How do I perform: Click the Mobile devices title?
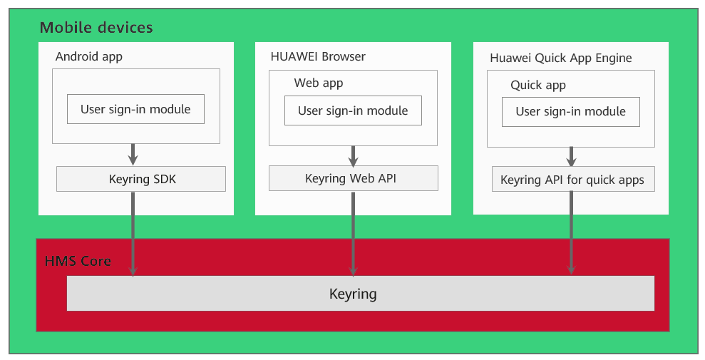point(96,28)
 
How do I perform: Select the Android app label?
point(89,56)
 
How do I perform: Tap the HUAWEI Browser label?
point(318,56)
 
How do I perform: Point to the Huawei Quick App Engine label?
point(561,58)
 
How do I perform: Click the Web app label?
point(319,83)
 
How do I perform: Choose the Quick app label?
point(538,85)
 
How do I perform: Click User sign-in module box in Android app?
point(135,109)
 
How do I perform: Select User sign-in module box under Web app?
point(353,110)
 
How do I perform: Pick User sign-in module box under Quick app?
point(570,112)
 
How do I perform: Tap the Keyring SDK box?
point(141,179)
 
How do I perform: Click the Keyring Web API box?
point(353,178)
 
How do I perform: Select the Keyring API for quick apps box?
point(572,180)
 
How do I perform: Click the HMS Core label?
point(78,261)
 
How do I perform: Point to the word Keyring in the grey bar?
point(353,294)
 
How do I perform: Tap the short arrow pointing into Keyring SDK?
point(133,154)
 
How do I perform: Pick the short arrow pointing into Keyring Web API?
point(353,155)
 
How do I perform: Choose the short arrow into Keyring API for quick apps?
point(571,157)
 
